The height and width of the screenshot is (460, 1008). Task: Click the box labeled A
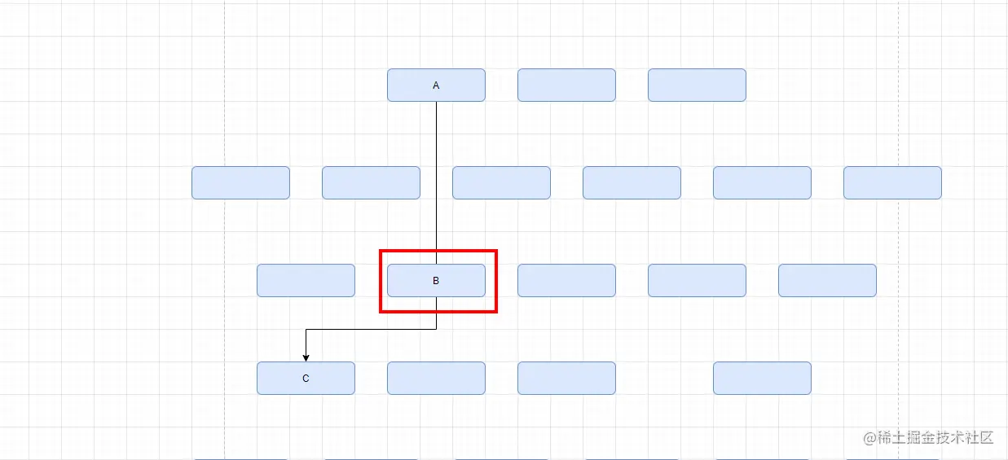[436, 85]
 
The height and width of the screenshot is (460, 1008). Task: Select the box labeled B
[436, 280]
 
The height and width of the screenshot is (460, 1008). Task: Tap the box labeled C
[306, 378]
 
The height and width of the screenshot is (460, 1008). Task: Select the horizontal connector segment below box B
[371, 329]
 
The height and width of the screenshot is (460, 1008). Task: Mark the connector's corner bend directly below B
[436, 329]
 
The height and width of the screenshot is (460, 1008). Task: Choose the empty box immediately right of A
[566, 85]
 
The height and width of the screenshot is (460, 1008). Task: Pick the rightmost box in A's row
[697, 85]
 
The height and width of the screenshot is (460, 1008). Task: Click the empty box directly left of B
[306, 280]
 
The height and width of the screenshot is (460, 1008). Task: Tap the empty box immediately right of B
[566, 280]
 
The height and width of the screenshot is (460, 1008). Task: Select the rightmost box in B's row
[827, 280]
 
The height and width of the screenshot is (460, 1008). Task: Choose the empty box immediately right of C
[436, 378]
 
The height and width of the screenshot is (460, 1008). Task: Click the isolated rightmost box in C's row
[762, 378]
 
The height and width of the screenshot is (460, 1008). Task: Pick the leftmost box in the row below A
[240, 182]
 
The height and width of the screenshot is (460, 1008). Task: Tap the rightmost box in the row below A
[892, 182]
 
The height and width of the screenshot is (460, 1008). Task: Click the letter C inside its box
[306, 378]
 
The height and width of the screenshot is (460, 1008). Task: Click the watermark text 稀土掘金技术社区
[936, 437]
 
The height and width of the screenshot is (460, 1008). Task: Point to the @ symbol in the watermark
[869, 438]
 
